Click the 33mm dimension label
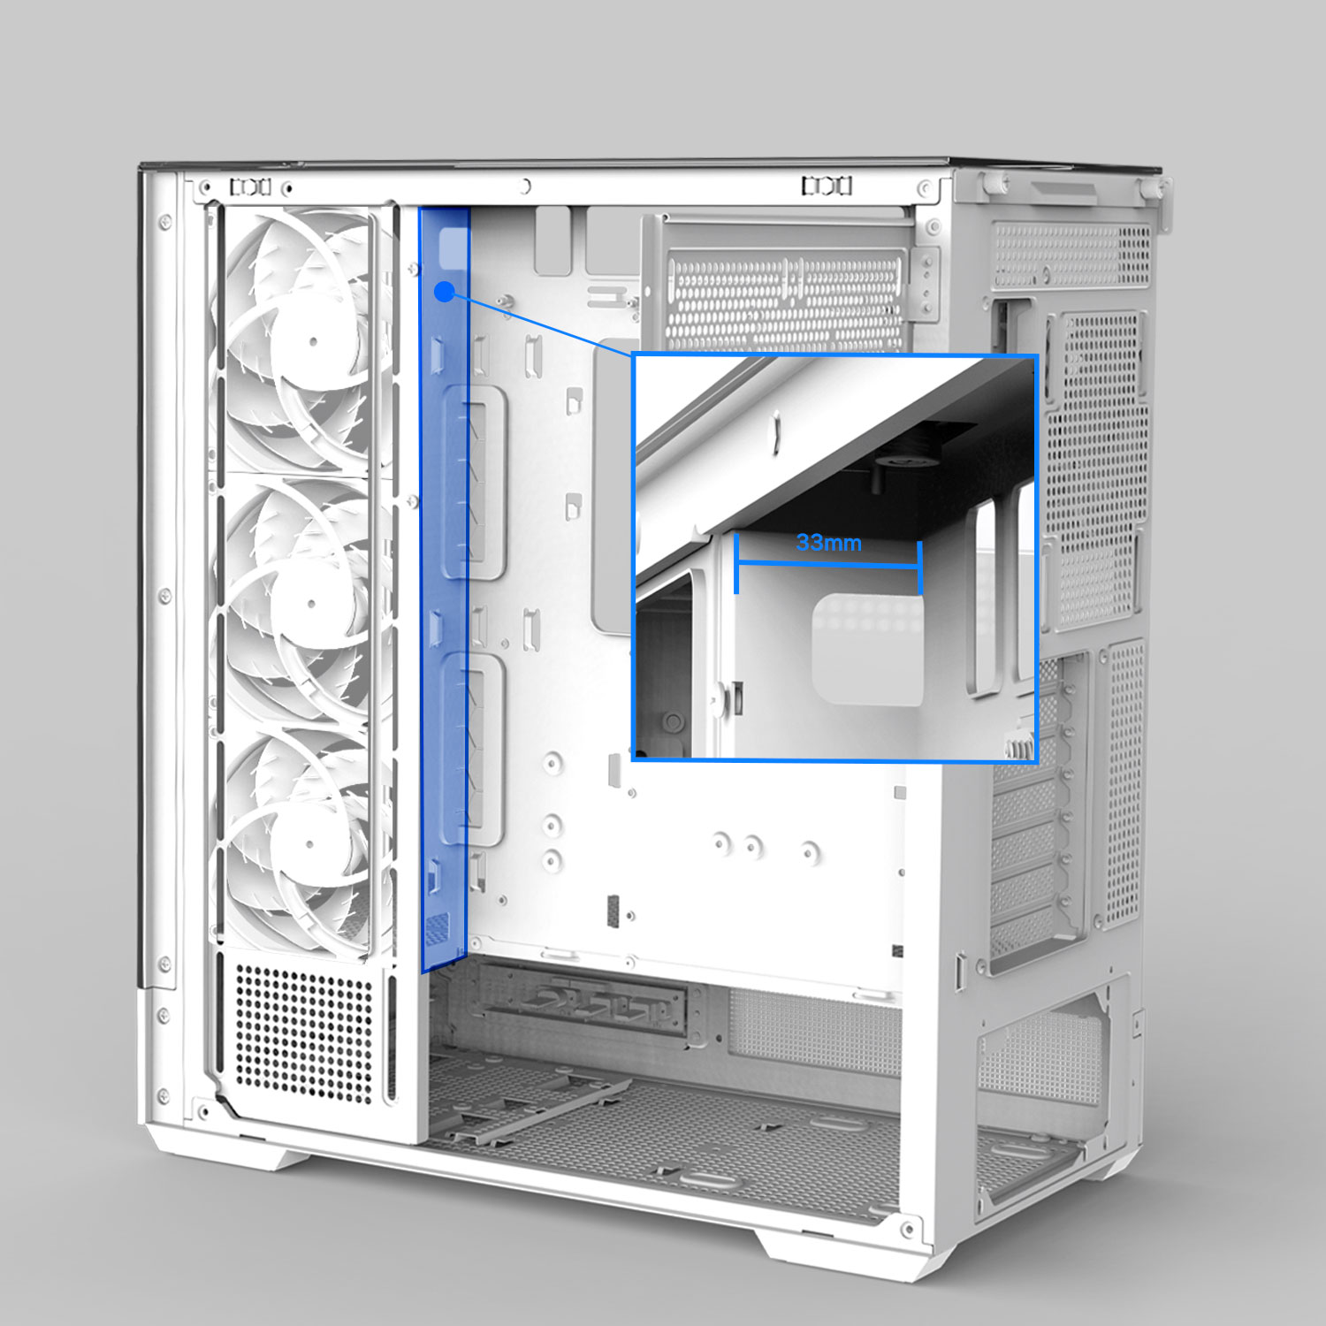(x=828, y=542)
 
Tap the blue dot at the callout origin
(x=445, y=291)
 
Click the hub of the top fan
(x=312, y=341)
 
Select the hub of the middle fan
(x=311, y=604)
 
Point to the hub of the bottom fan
(x=309, y=843)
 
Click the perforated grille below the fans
(x=304, y=1033)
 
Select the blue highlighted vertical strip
(x=444, y=588)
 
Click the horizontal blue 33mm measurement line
(x=828, y=564)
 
